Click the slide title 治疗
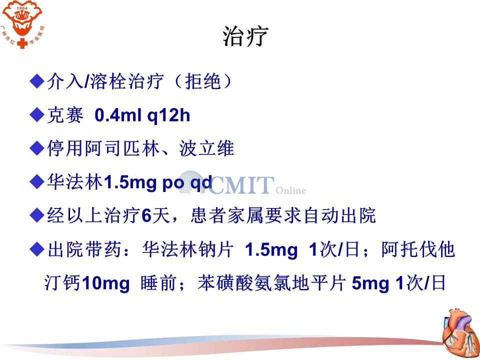[x=245, y=36]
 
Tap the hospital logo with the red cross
[x=22, y=24]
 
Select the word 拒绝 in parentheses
[x=203, y=81]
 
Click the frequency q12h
[x=168, y=116]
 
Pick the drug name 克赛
[x=65, y=115]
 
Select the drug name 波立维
[x=207, y=148]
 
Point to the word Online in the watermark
[x=291, y=190]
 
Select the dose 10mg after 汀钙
[x=106, y=283]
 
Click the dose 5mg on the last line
[x=370, y=283]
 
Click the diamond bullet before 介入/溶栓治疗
[x=37, y=81]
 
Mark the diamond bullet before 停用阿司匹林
[x=37, y=148]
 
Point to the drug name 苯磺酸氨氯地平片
[x=272, y=283]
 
